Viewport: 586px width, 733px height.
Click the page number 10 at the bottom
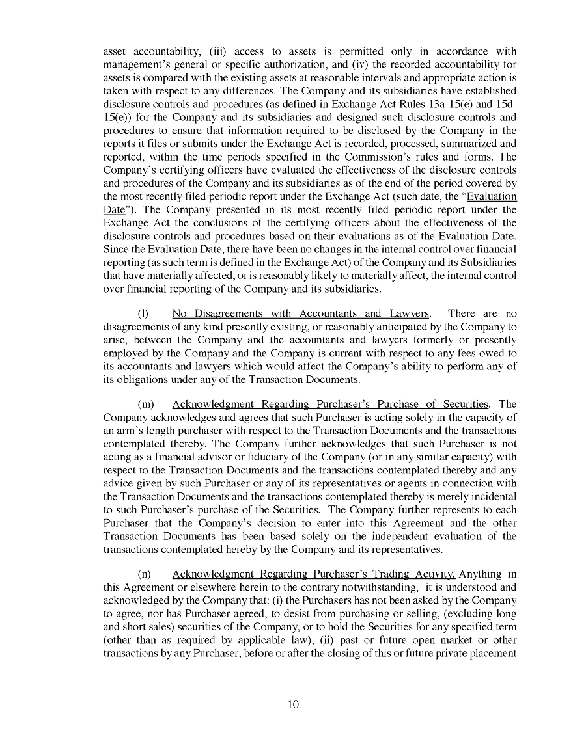[293, 704]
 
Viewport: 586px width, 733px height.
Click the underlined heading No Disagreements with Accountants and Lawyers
[300, 313]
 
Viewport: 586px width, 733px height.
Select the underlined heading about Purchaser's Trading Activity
[314, 574]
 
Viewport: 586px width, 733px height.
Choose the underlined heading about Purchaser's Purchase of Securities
[330, 404]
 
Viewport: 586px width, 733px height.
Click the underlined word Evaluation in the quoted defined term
[492, 196]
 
